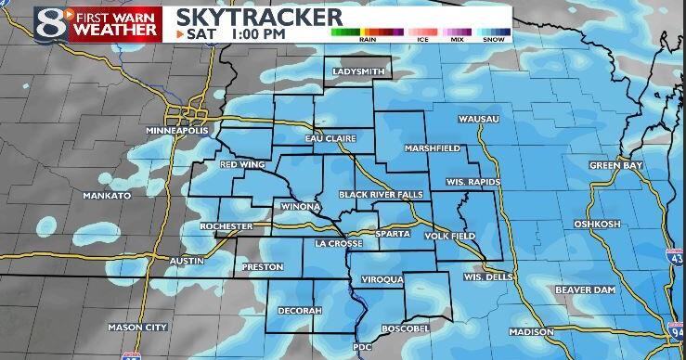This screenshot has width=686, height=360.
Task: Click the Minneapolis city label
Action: click(x=174, y=132)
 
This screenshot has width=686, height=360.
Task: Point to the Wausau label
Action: click(x=479, y=120)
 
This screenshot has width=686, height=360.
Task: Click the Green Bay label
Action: click(x=615, y=165)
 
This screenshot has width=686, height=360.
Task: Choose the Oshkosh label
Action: click(x=621, y=224)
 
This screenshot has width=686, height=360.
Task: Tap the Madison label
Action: click(x=531, y=332)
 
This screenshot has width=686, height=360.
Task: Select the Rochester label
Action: click(x=226, y=226)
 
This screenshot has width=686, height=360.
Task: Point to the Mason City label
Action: click(x=137, y=327)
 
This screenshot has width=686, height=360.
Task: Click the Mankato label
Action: click(x=100, y=196)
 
